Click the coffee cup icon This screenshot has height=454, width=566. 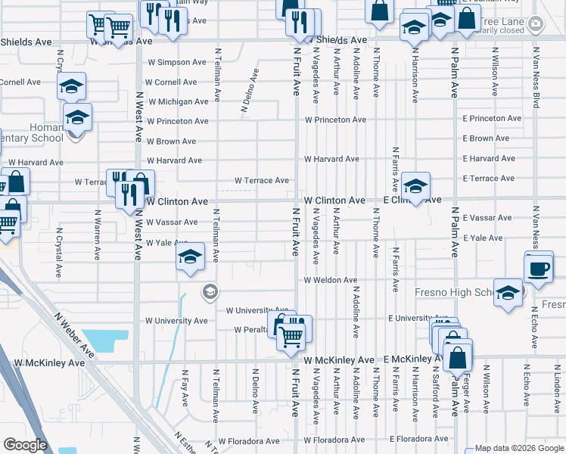tap(538, 269)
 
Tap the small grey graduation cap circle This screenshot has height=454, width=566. tap(210, 291)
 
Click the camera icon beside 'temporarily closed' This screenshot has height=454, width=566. tap(535, 24)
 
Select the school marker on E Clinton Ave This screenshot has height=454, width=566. tap(415, 186)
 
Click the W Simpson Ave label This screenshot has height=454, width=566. tap(176, 62)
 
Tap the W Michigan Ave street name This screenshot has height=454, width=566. tap(178, 101)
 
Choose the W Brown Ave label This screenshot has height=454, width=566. tap(171, 141)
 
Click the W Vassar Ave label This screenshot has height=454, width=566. tap(172, 222)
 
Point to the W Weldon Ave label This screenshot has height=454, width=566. tap(330, 280)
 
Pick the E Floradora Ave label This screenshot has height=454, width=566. tap(419, 439)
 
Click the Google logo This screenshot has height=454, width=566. tap(25, 445)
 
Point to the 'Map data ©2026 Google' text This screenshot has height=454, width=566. tap(519, 448)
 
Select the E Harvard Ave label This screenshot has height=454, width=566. tap(489, 158)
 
